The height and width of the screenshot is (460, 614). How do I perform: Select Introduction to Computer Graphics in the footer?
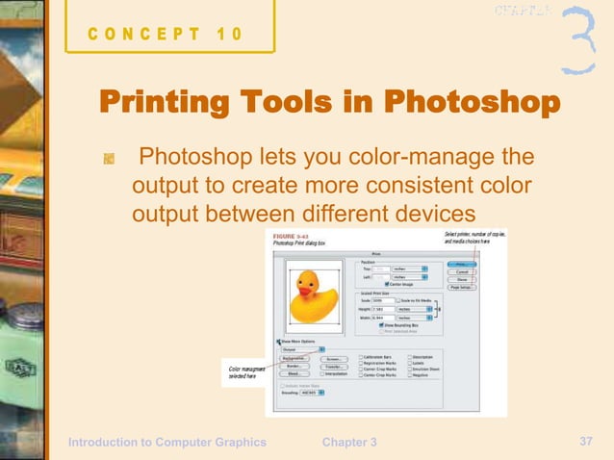pyautogui.click(x=166, y=442)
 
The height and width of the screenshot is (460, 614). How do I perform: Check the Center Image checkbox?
pyautogui.click(x=386, y=285)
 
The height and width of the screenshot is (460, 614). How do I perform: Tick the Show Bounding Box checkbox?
pyautogui.click(x=381, y=324)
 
